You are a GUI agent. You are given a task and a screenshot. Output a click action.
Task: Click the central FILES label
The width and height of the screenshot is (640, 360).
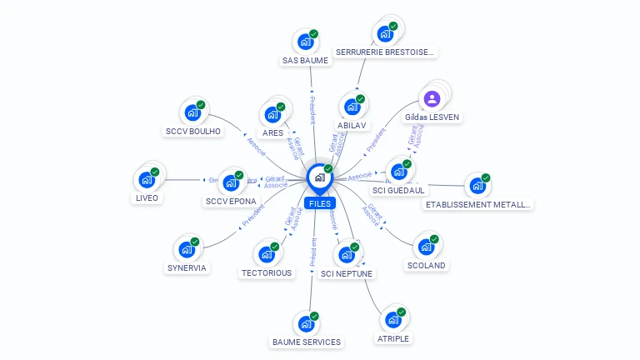tap(319, 203)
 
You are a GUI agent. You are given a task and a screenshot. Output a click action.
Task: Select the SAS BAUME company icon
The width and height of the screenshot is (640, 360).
tap(305, 41)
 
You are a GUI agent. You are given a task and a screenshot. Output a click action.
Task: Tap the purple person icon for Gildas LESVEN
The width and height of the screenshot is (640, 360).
tap(432, 99)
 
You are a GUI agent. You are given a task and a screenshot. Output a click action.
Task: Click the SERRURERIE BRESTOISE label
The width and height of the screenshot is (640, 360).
tap(384, 52)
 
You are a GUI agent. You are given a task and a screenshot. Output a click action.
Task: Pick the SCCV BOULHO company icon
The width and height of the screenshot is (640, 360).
tap(192, 112)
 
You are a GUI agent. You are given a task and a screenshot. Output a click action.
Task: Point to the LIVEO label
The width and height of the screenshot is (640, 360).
tap(147, 198)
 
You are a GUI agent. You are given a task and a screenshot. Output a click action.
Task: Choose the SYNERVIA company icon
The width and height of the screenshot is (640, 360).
tap(186, 249)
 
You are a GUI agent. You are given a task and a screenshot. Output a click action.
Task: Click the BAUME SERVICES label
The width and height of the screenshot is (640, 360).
tap(306, 342)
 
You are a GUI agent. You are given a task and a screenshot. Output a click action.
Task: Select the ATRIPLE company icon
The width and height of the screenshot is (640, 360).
tap(392, 319)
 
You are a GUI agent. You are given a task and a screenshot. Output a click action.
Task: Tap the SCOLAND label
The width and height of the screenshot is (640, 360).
tap(426, 266)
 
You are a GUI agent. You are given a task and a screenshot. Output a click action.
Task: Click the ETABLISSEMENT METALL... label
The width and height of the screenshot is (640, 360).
tap(477, 204)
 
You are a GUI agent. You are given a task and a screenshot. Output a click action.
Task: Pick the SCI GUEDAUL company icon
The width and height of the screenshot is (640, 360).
tap(398, 172)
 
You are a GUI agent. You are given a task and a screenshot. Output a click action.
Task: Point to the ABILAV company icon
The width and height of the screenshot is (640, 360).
tap(352, 107)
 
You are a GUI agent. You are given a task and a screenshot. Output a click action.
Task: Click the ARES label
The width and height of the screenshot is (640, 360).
tap(272, 132)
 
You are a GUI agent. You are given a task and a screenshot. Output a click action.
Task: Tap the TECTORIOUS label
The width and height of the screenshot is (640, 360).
tap(267, 272)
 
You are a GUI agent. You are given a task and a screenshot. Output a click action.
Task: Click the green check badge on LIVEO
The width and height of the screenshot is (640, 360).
tap(155, 172)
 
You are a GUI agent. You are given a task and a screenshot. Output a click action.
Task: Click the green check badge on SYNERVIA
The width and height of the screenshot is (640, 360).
tap(194, 242)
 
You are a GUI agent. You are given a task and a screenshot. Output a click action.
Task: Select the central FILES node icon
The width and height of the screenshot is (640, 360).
tap(319, 177)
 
